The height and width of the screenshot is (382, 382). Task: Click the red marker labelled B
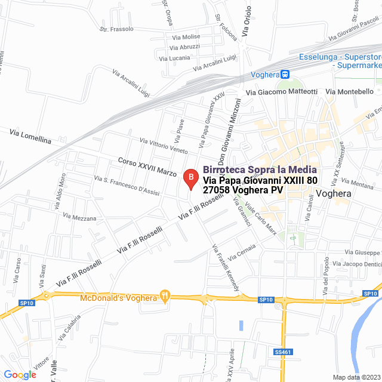(190, 177)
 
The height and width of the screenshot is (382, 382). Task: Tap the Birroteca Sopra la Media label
(260, 170)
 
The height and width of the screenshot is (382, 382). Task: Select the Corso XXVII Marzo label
(147, 167)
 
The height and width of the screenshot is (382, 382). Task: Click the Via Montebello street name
(350, 92)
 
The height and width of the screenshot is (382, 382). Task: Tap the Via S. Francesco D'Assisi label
(127, 185)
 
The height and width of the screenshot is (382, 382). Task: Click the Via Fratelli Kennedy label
(226, 267)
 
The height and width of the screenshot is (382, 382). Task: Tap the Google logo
(20, 374)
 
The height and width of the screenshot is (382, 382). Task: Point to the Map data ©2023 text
(356, 377)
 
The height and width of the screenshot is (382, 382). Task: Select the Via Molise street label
(186, 37)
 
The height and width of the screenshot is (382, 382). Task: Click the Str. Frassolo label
(116, 29)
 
